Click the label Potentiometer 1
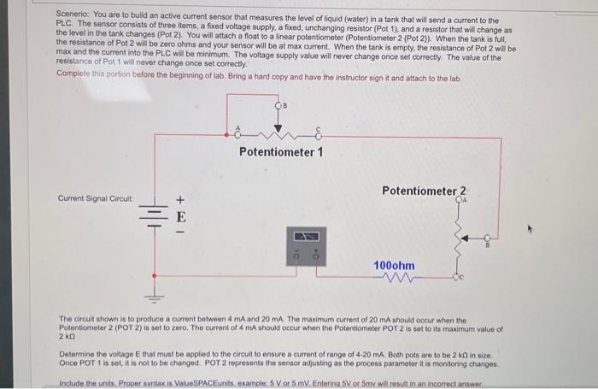tap(280, 153)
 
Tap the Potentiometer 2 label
tap(425, 191)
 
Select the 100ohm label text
tap(394, 266)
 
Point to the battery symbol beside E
tap(155, 214)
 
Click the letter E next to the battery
tap(180, 216)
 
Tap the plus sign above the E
tap(180, 201)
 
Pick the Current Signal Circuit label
tap(96, 198)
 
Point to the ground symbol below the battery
tap(155, 296)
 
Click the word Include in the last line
tap(72, 383)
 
